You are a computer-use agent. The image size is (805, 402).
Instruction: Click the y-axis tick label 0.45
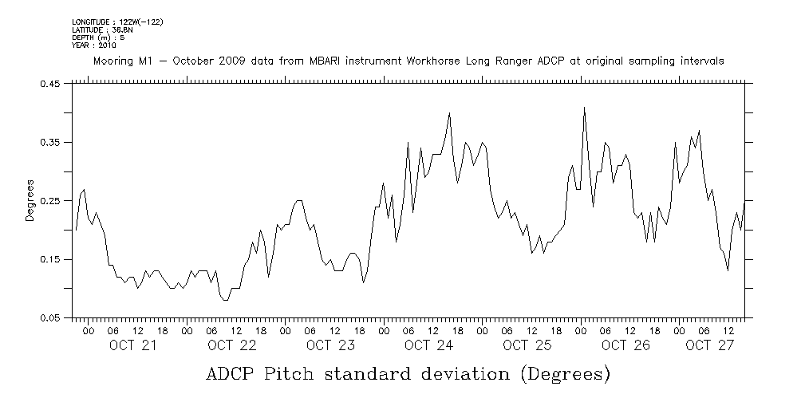click(53, 84)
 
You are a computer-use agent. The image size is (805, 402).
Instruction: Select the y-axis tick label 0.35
click(53, 142)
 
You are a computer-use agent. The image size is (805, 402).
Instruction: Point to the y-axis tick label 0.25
click(53, 201)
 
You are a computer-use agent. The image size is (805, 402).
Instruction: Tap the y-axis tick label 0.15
click(53, 259)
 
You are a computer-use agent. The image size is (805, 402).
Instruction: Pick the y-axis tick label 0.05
click(53, 318)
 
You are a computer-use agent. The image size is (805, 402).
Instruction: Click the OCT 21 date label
click(132, 345)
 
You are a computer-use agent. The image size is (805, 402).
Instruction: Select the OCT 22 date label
click(231, 345)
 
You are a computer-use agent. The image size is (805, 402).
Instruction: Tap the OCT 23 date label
click(330, 345)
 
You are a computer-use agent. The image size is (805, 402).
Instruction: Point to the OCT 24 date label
click(429, 345)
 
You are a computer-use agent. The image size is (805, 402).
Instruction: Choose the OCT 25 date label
click(527, 345)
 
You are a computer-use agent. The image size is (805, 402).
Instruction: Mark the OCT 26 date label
click(626, 345)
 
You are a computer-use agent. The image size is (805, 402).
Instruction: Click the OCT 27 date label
click(709, 345)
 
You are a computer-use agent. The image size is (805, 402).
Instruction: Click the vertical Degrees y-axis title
click(30, 201)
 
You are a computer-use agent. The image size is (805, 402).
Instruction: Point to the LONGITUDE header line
click(117, 22)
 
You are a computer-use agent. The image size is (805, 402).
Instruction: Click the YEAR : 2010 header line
click(93, 45)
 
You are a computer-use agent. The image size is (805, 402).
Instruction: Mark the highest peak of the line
click(584, 107)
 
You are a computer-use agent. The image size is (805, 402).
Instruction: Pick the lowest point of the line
click(226, 300)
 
